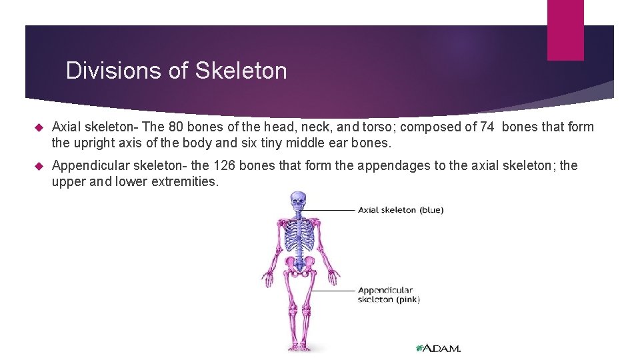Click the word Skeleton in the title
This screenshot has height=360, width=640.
pos(241,71)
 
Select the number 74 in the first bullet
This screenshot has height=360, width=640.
pos(488,127)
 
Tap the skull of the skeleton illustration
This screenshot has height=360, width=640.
pos(298,201)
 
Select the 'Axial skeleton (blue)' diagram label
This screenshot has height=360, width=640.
pos(400,210)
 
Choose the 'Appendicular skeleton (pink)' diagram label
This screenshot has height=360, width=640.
pos(389,295)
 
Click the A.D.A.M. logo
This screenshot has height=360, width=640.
pos(439,348)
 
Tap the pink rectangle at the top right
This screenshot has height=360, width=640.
pos(565,30)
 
